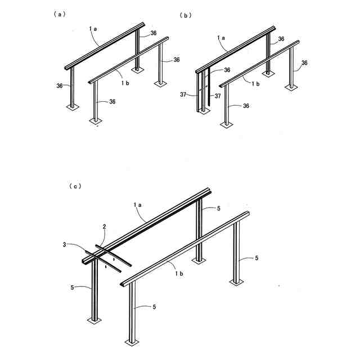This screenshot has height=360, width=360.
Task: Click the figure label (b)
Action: tap(186, 15)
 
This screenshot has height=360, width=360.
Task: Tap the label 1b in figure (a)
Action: tap(126, 82)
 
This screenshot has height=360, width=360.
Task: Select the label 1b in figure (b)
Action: tap(255, 83)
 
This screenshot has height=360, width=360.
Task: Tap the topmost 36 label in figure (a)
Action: tap(154, 33)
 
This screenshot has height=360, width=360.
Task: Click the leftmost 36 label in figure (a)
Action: tap(59, 85)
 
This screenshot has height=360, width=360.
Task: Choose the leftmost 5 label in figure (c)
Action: tap(73, 287)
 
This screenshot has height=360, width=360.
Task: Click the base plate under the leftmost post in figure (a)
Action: tap(73, 106)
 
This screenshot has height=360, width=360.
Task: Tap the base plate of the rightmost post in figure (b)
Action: tap(291, 88)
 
